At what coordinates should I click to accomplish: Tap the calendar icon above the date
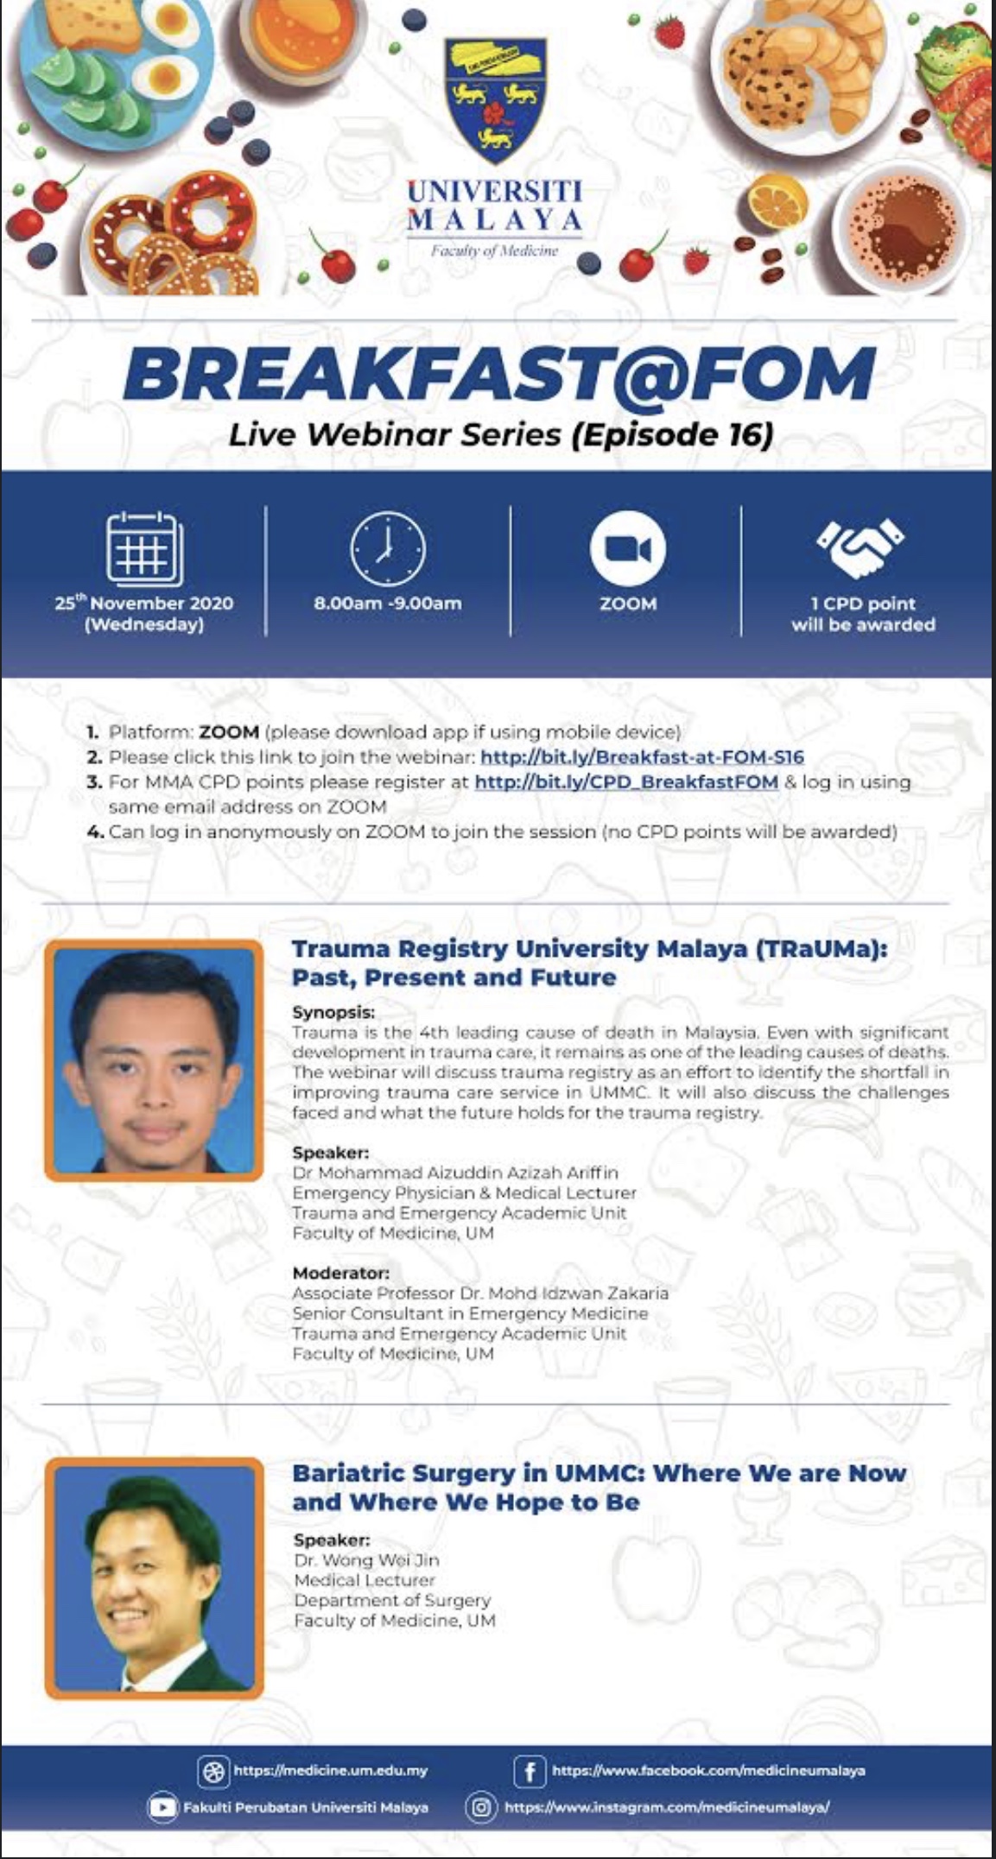click(144, 548)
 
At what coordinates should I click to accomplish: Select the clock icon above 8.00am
click(387, 548)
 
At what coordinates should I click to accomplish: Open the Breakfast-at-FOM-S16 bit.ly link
click(642, 757)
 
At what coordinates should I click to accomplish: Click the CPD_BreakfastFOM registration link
click(626, 782)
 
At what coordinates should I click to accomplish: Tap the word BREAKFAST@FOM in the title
click(499, 375)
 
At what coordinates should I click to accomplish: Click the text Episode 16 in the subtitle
click(675, 434)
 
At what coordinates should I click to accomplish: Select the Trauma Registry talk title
click(589, 963)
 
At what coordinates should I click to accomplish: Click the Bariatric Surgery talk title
click(599, 1488)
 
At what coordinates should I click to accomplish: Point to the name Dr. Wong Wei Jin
click(367, 1560)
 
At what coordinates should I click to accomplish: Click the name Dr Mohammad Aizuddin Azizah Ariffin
click(455, 1173)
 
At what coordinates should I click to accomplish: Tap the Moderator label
click(340, 1273)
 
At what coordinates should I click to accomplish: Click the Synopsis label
click(333, 1012)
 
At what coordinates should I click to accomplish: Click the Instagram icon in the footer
click(481, 1807)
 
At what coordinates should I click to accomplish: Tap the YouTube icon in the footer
click(162, 1807)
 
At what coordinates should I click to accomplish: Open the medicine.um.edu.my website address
click(330, 1771)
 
